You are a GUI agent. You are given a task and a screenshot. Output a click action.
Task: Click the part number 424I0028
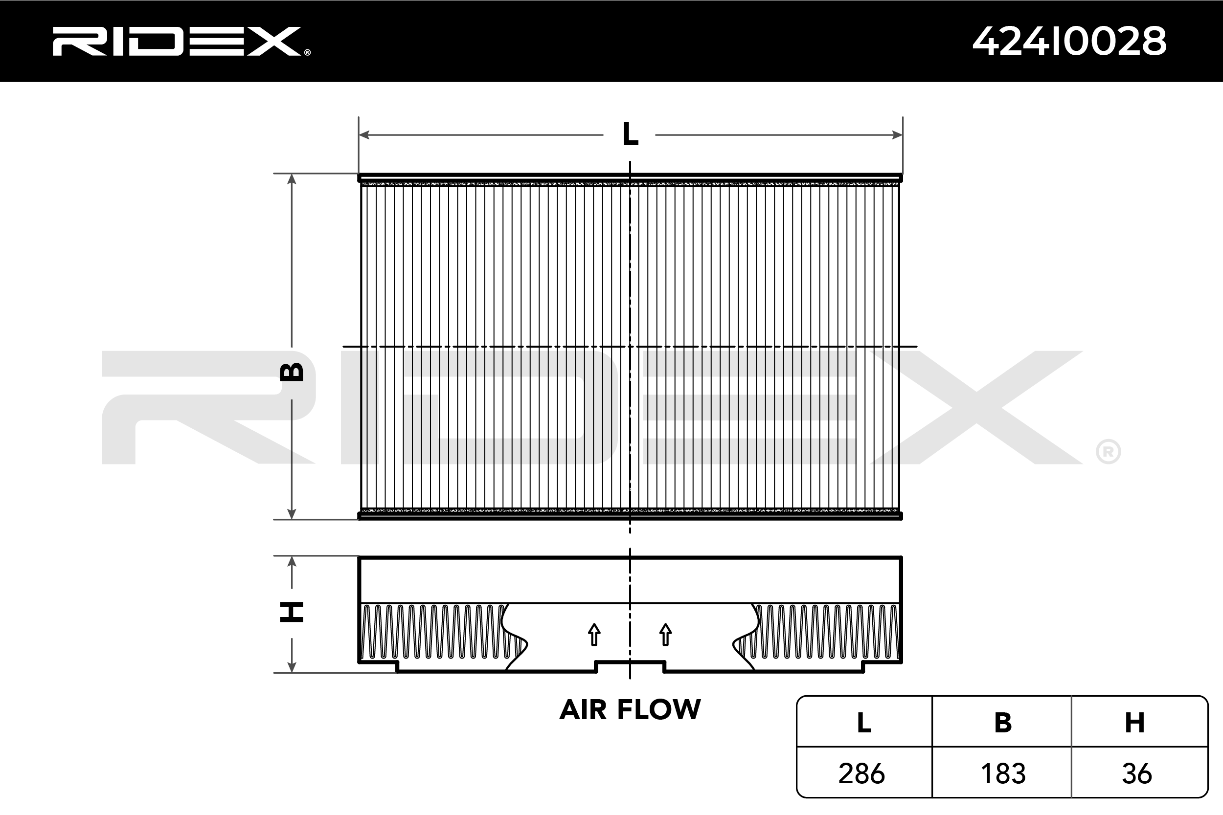1069,41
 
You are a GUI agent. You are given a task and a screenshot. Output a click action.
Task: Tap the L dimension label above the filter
630,134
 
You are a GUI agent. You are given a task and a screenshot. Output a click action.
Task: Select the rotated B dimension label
292,372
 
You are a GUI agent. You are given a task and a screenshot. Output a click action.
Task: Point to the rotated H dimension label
292,612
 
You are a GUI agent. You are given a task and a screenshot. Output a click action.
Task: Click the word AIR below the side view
583,710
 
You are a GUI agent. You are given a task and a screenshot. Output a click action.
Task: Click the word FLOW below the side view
659,710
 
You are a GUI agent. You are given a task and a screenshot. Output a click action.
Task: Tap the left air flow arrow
594,635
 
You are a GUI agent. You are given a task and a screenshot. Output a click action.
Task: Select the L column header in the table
864,723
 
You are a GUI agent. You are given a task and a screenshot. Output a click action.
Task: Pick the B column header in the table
1003,723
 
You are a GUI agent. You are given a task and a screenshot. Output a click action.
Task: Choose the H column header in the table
1135,723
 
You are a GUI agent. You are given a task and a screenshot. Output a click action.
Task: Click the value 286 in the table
861,774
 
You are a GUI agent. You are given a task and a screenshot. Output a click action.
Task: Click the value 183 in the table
1003,774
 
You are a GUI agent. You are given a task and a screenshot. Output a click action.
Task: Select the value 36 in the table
1137,774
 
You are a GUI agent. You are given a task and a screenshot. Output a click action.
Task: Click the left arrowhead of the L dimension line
364,135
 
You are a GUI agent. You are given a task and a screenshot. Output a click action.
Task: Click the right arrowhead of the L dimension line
897,135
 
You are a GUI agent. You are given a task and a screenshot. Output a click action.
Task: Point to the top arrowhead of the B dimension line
292,179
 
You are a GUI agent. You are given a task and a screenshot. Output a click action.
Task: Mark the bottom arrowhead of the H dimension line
292,666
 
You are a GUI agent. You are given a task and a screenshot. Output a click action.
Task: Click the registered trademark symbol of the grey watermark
1108,452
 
